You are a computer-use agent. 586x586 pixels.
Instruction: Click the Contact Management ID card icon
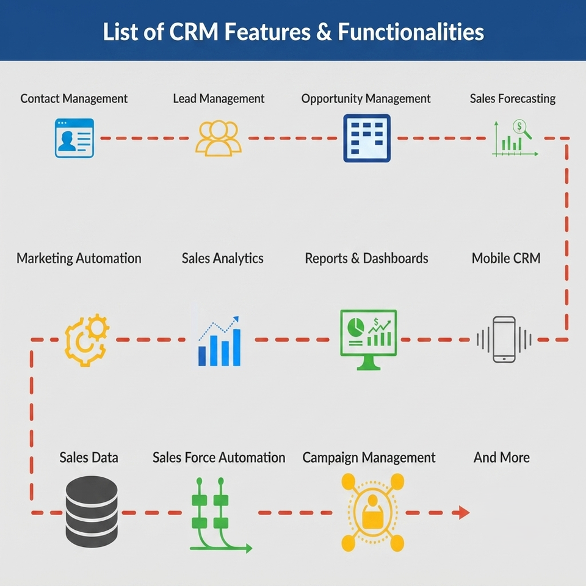tap(74, 138)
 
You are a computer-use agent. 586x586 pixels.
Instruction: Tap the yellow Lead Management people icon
tap(219, 138)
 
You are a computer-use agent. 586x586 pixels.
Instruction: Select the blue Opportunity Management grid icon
tap(367, 138)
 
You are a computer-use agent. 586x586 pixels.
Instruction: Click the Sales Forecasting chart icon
tap(515, 138)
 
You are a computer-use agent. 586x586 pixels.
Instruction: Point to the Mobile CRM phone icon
tap(504, 339)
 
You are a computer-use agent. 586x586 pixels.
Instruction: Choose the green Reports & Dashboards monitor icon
tap(368, 339)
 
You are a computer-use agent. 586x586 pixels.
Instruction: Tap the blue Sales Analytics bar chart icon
tap(219, 341)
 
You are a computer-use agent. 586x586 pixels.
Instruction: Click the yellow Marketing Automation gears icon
tap(87, 340)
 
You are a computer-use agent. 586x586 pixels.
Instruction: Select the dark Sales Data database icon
tap(92, 512)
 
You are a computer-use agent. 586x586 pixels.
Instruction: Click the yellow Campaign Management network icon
tap(372, 512)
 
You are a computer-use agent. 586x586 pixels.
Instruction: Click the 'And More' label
tap(502, 457)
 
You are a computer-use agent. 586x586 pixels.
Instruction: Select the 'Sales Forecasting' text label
tap(512, 98)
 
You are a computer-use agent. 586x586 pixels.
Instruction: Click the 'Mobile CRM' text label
tap(505, 258)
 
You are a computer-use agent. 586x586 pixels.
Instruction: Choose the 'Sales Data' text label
tap(89, 457)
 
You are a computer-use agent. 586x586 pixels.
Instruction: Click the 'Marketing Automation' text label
tap(79, 258)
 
